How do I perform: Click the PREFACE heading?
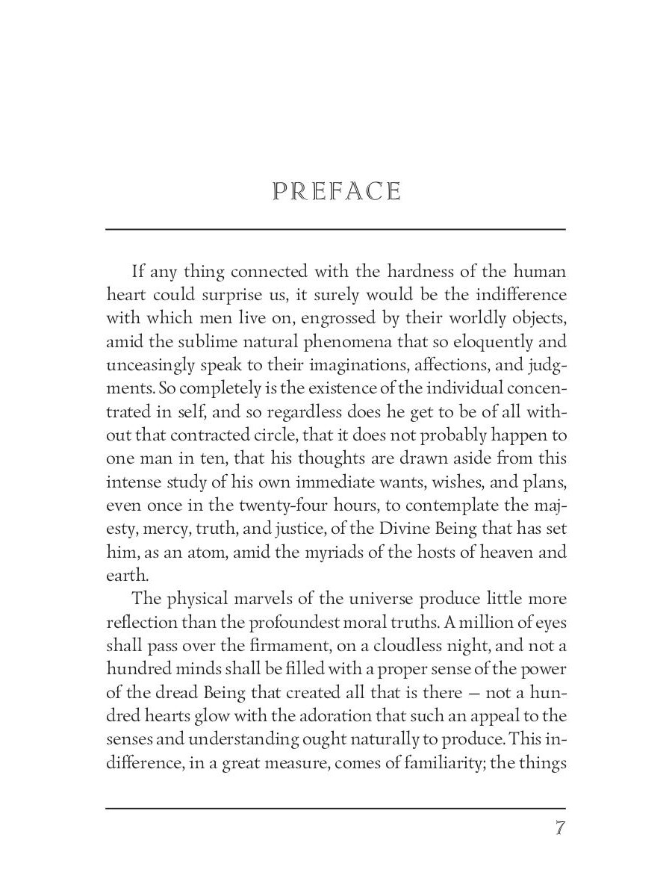click(337, 192)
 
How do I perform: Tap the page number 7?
click(559, 829)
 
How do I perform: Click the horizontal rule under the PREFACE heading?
click(335, 229)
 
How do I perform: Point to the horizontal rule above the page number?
click(335, 808)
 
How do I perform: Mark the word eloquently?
click(475, 342)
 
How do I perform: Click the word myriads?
click(323, 552)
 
